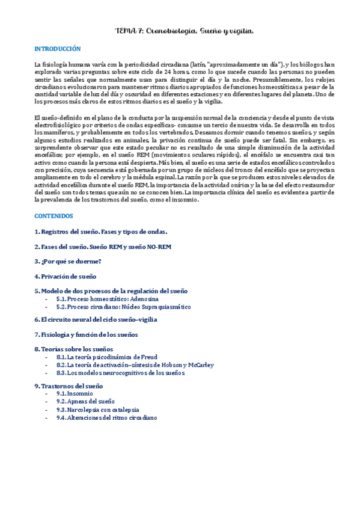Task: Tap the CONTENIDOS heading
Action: click(53, 215)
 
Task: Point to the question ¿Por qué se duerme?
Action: click(67, 262)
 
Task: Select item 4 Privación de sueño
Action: click(65, 277)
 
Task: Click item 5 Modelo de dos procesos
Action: click(111, 291)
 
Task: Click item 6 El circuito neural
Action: click(96, 320)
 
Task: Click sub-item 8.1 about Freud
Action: click(107, 357)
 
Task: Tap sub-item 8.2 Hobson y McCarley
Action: click(135, 365)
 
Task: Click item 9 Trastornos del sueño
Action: click(69, 386)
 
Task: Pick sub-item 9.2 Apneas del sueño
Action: click(85, 402)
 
